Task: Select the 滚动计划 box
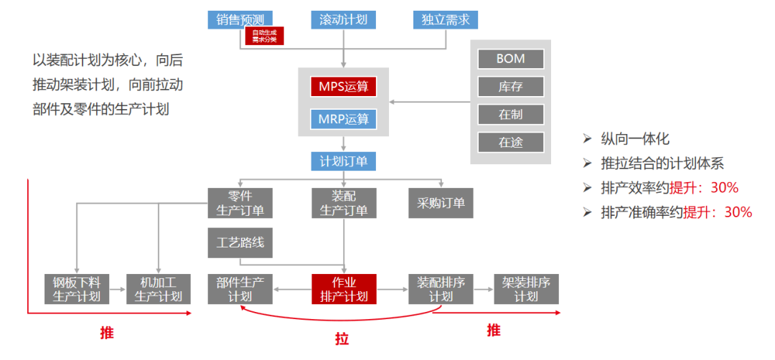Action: [343, 19]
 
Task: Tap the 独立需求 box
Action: [445, 19]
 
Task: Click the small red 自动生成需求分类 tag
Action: [264, 37]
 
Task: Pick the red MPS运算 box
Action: [343, 87]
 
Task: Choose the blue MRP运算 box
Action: [343, 118]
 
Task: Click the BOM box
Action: [510, 59]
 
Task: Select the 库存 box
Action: [510, 87]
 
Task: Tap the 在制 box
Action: [510, 114]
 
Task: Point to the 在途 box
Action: [510, 142]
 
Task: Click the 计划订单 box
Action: [343, 161]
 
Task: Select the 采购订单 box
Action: [441, 203]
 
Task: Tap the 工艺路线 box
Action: [240, 242]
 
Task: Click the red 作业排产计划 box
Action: [344, 289]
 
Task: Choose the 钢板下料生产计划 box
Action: [76, 289]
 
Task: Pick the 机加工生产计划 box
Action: [158, 289]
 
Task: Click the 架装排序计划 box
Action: [526, 289]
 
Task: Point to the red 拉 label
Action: [342, 338]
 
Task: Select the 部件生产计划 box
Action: [240, 289]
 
